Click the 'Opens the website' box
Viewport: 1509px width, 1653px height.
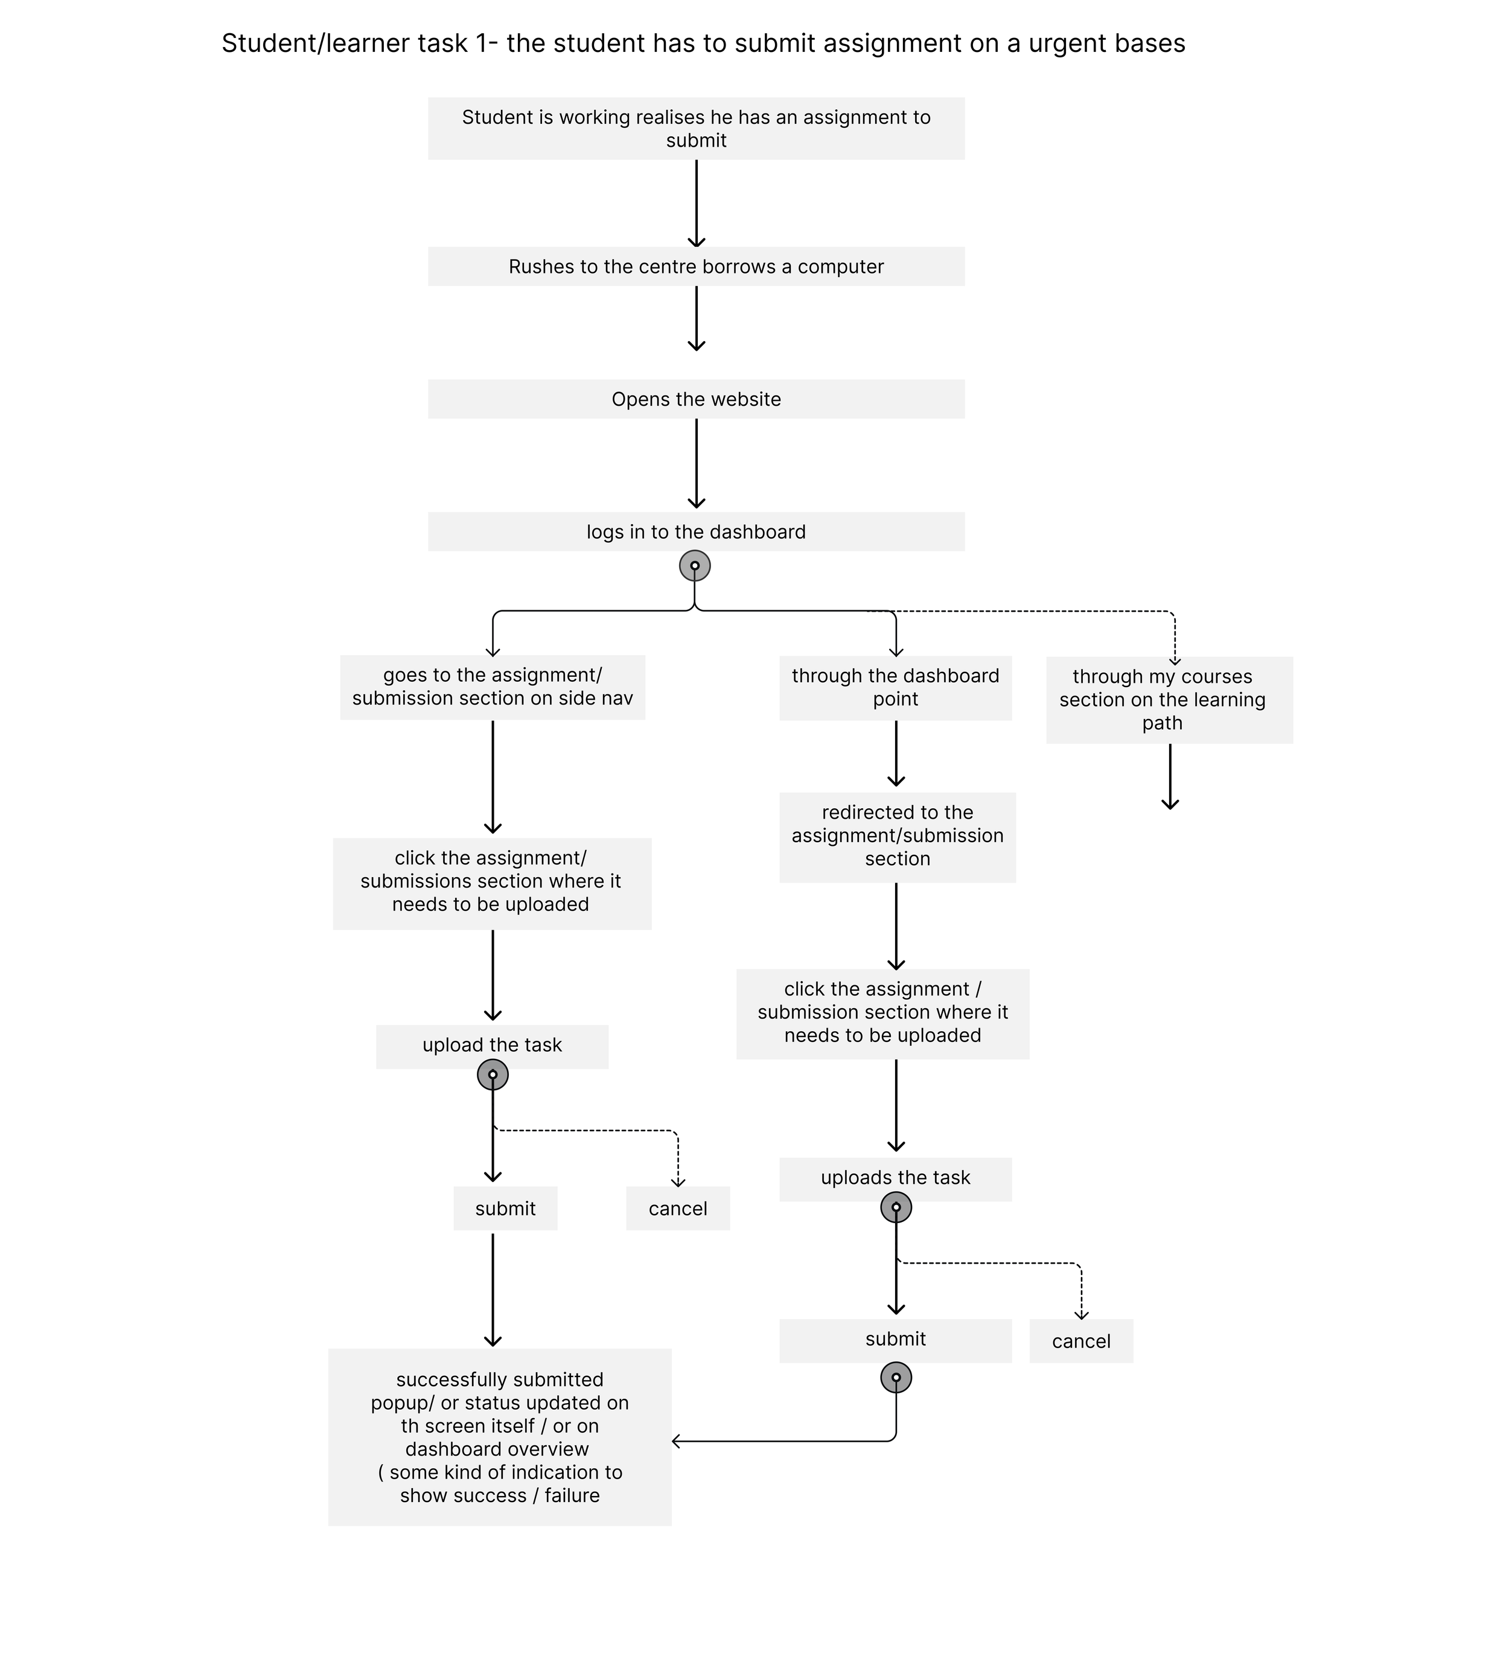pos(696,399)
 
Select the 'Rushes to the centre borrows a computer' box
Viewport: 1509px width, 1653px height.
pos(696,266)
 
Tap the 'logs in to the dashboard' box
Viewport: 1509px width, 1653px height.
pos(696,532)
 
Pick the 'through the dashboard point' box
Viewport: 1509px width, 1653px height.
pos(895,688)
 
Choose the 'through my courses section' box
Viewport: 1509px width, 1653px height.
pos(1169,699)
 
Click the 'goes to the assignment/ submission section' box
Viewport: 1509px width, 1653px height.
pos(493,687)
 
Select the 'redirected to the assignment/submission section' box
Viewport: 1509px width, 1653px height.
pos(898,836)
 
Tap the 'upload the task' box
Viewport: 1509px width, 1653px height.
pos(492,1046)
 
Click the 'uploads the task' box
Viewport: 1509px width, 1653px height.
pos(895,1178)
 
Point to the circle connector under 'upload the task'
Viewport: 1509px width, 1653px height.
pos(493,1074)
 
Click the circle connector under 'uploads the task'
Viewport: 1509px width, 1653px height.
pos(896,1207)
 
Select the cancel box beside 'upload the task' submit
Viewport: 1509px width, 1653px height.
pos(678,1209)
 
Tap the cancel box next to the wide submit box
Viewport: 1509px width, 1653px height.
pos(1081,1341)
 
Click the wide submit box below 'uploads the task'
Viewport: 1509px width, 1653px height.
pos(895,1340)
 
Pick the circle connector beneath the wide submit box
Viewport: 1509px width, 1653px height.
pos(896,1378)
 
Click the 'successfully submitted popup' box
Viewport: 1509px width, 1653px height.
pos(500,1437)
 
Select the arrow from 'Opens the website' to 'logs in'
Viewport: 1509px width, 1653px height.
pos(697,463)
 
